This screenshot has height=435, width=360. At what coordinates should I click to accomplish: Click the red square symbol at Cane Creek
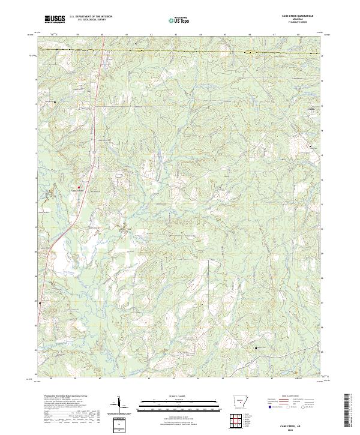78,187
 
